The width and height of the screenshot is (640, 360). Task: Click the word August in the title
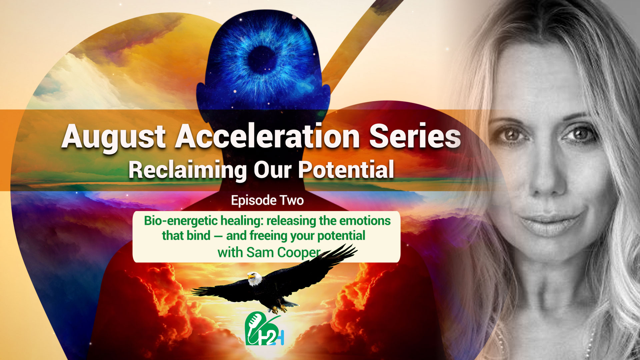tap(113, 137)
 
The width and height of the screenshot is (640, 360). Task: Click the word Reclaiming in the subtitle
tap(187, 170)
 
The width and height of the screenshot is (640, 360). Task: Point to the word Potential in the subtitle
tap(346, 170)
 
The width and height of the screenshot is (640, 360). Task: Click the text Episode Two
tap(267, 200)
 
